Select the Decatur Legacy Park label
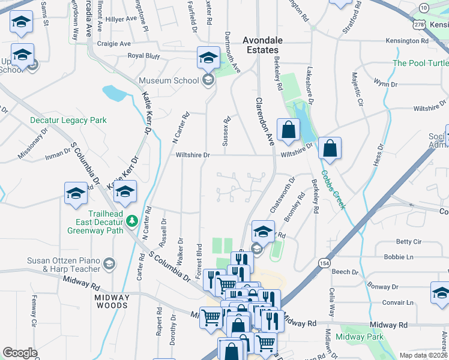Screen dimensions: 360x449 [x=68, y=120]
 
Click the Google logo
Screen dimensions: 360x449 [x=20, y=353]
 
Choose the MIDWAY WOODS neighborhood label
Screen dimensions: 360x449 [x=111, y=301]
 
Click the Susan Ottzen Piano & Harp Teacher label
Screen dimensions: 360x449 [x=62, y=265]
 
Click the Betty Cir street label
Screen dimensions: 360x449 [x=409, y=242]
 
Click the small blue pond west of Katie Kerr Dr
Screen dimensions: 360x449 [x=114, y=92]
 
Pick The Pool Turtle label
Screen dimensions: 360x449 [x=420, y=63]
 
